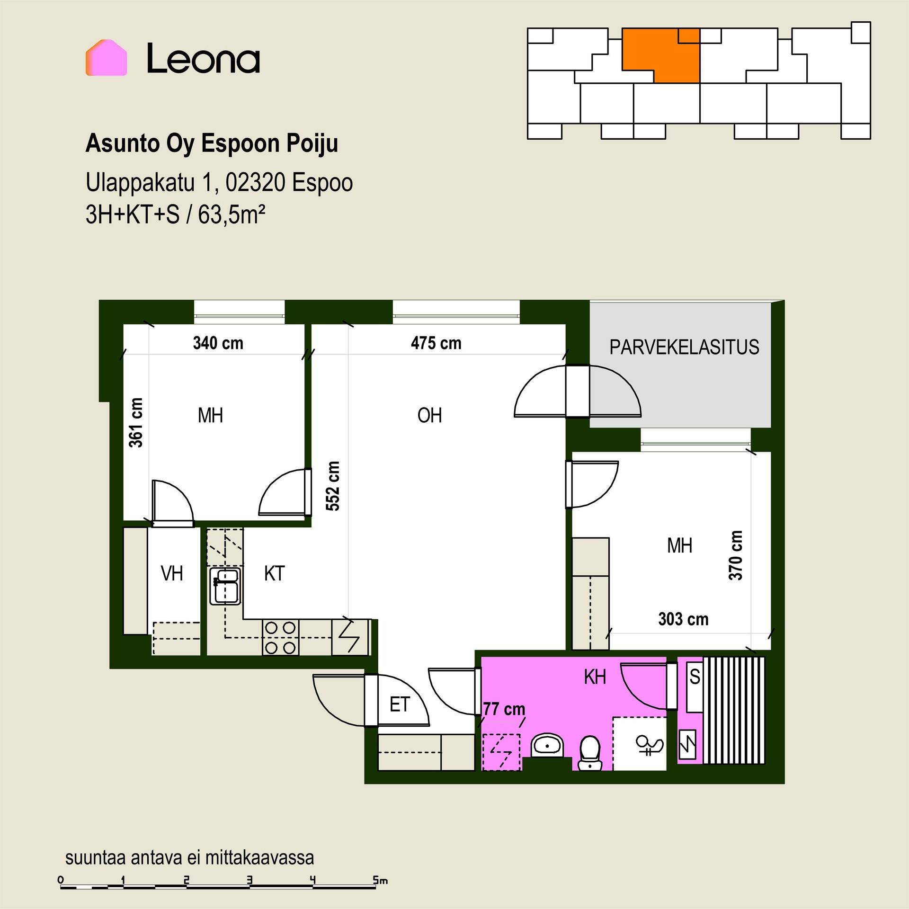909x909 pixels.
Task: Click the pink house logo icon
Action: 106,57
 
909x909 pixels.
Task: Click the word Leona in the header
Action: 203,58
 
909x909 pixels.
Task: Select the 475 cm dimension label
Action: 436,343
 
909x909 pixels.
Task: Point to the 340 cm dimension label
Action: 218,343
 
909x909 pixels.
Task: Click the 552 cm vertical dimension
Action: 333,486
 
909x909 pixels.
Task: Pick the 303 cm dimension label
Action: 683,619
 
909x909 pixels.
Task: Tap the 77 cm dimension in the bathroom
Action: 504,709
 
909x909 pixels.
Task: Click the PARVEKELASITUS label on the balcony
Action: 684,347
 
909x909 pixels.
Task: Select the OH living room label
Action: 429,415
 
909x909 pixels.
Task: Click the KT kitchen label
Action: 274,573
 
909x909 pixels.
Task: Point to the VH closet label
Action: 172,573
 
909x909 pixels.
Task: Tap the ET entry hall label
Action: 399,705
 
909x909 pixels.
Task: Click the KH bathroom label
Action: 595,677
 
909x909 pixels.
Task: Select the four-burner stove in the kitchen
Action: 280,637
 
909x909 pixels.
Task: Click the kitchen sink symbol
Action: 225,586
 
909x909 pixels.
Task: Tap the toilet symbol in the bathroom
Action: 590,752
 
